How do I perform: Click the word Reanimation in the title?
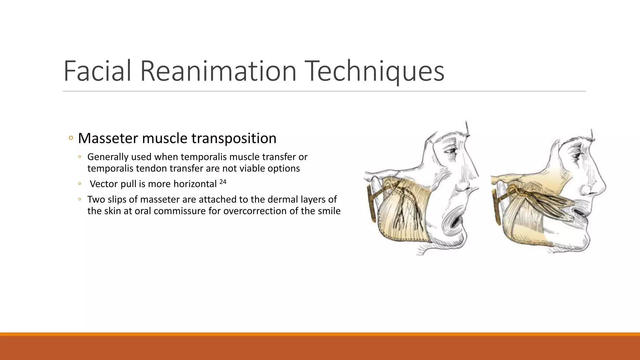point(218,71)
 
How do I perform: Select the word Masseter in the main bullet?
point(107,138)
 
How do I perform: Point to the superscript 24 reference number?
point(222,181)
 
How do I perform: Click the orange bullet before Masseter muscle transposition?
point(71,138)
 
